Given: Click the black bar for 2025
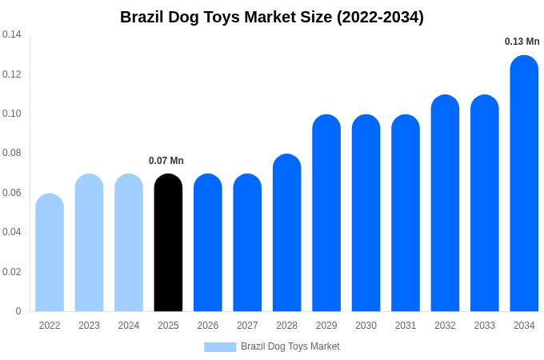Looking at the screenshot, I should [x=168, y=243].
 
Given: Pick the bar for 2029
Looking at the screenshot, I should [x=326, y=214].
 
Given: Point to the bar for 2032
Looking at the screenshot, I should [x=445, y=203].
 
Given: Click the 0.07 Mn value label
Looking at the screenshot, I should [x=166, y=161].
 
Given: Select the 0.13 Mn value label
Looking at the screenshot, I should [x=522, y=42].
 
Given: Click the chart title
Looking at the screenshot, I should [x=272, y=17].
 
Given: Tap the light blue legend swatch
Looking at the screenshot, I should [x=220, y=347].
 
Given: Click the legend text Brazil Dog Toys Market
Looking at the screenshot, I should [x=290, y=346].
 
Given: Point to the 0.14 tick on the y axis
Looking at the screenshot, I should [x=12, y=34].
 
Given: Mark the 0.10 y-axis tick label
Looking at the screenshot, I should [x=12, y=114].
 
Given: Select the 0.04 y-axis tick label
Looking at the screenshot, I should [x=12, y=232].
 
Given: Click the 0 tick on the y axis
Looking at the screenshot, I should [x=18, y=311].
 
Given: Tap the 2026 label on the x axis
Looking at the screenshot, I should [x=208, y=326].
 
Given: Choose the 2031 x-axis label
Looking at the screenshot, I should [x=406, y=326].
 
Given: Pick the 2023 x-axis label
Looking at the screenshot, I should [x=89, y=326].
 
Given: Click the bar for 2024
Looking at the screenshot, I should [x=129, y=243].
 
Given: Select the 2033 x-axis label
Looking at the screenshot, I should [x=485, y=326].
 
